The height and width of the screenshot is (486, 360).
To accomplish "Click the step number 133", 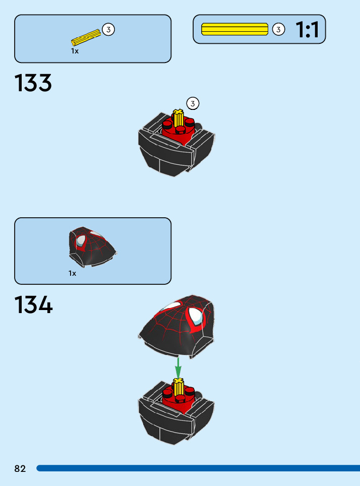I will tap(33, 83).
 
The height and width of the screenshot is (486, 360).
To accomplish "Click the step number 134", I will tap(33, 306).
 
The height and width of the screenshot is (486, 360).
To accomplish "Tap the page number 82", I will tap(20, 469).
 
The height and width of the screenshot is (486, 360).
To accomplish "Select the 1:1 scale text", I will tap(307, 30).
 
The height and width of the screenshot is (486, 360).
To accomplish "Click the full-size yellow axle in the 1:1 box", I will tap(234, 29).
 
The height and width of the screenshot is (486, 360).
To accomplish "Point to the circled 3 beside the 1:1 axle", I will tap(278, 29).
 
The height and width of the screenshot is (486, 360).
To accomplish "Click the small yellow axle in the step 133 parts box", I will tap(87, 37).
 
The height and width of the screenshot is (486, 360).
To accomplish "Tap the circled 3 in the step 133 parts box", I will tap(108, 30).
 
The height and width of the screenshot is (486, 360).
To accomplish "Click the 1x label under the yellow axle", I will tap(75, 51).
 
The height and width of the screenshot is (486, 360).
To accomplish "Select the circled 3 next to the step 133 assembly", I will tap(193, 104).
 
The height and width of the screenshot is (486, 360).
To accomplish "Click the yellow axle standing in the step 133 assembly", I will tap(177, 119).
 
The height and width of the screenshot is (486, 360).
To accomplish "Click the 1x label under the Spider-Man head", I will tap(73, 273).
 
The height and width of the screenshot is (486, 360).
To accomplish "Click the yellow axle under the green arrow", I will tap(177, 387).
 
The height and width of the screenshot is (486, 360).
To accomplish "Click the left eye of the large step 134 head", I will tap(170, 306).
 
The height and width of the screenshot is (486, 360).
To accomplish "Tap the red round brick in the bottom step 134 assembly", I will tap(178, 398).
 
